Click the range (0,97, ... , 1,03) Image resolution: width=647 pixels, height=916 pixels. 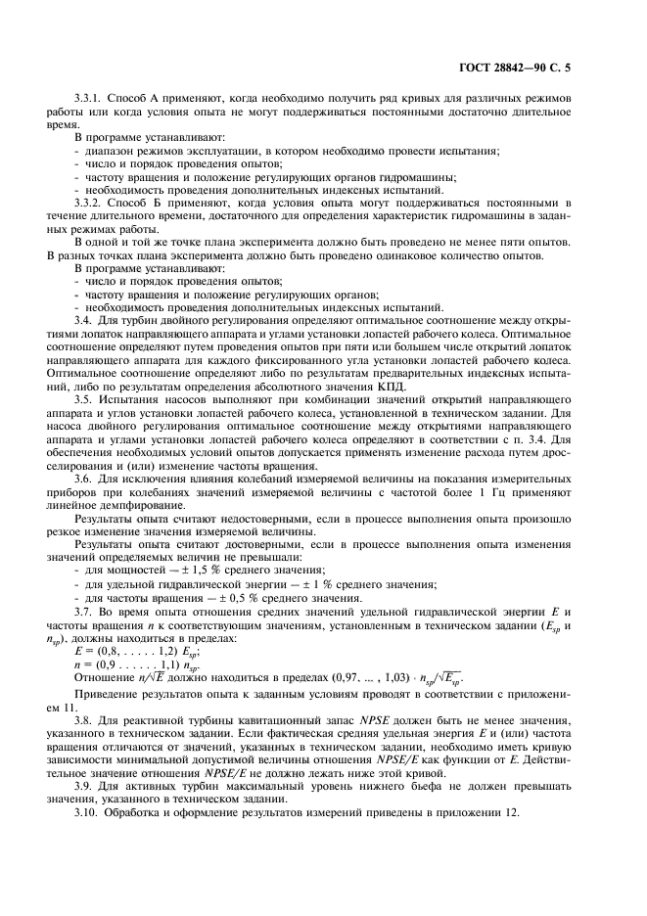362,679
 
